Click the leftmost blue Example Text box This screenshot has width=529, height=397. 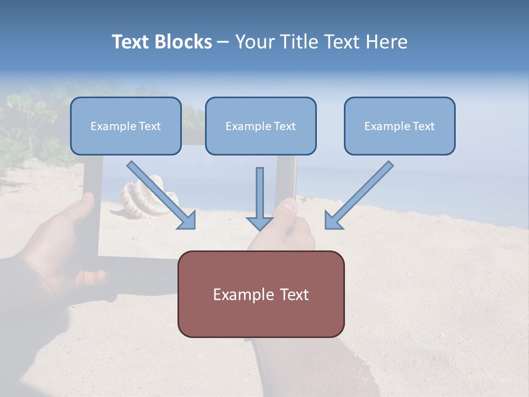[x=126, y=126]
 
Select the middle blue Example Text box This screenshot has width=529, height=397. [x=261, y=126]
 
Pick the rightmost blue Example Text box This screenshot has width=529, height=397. [x=400, y=126]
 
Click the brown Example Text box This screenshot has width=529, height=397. [x=261, y=294]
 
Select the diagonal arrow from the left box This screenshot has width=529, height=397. [x=160, y=193]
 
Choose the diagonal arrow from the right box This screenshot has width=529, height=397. [x=361, y=193]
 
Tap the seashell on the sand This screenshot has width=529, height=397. [x=146, y=198]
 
